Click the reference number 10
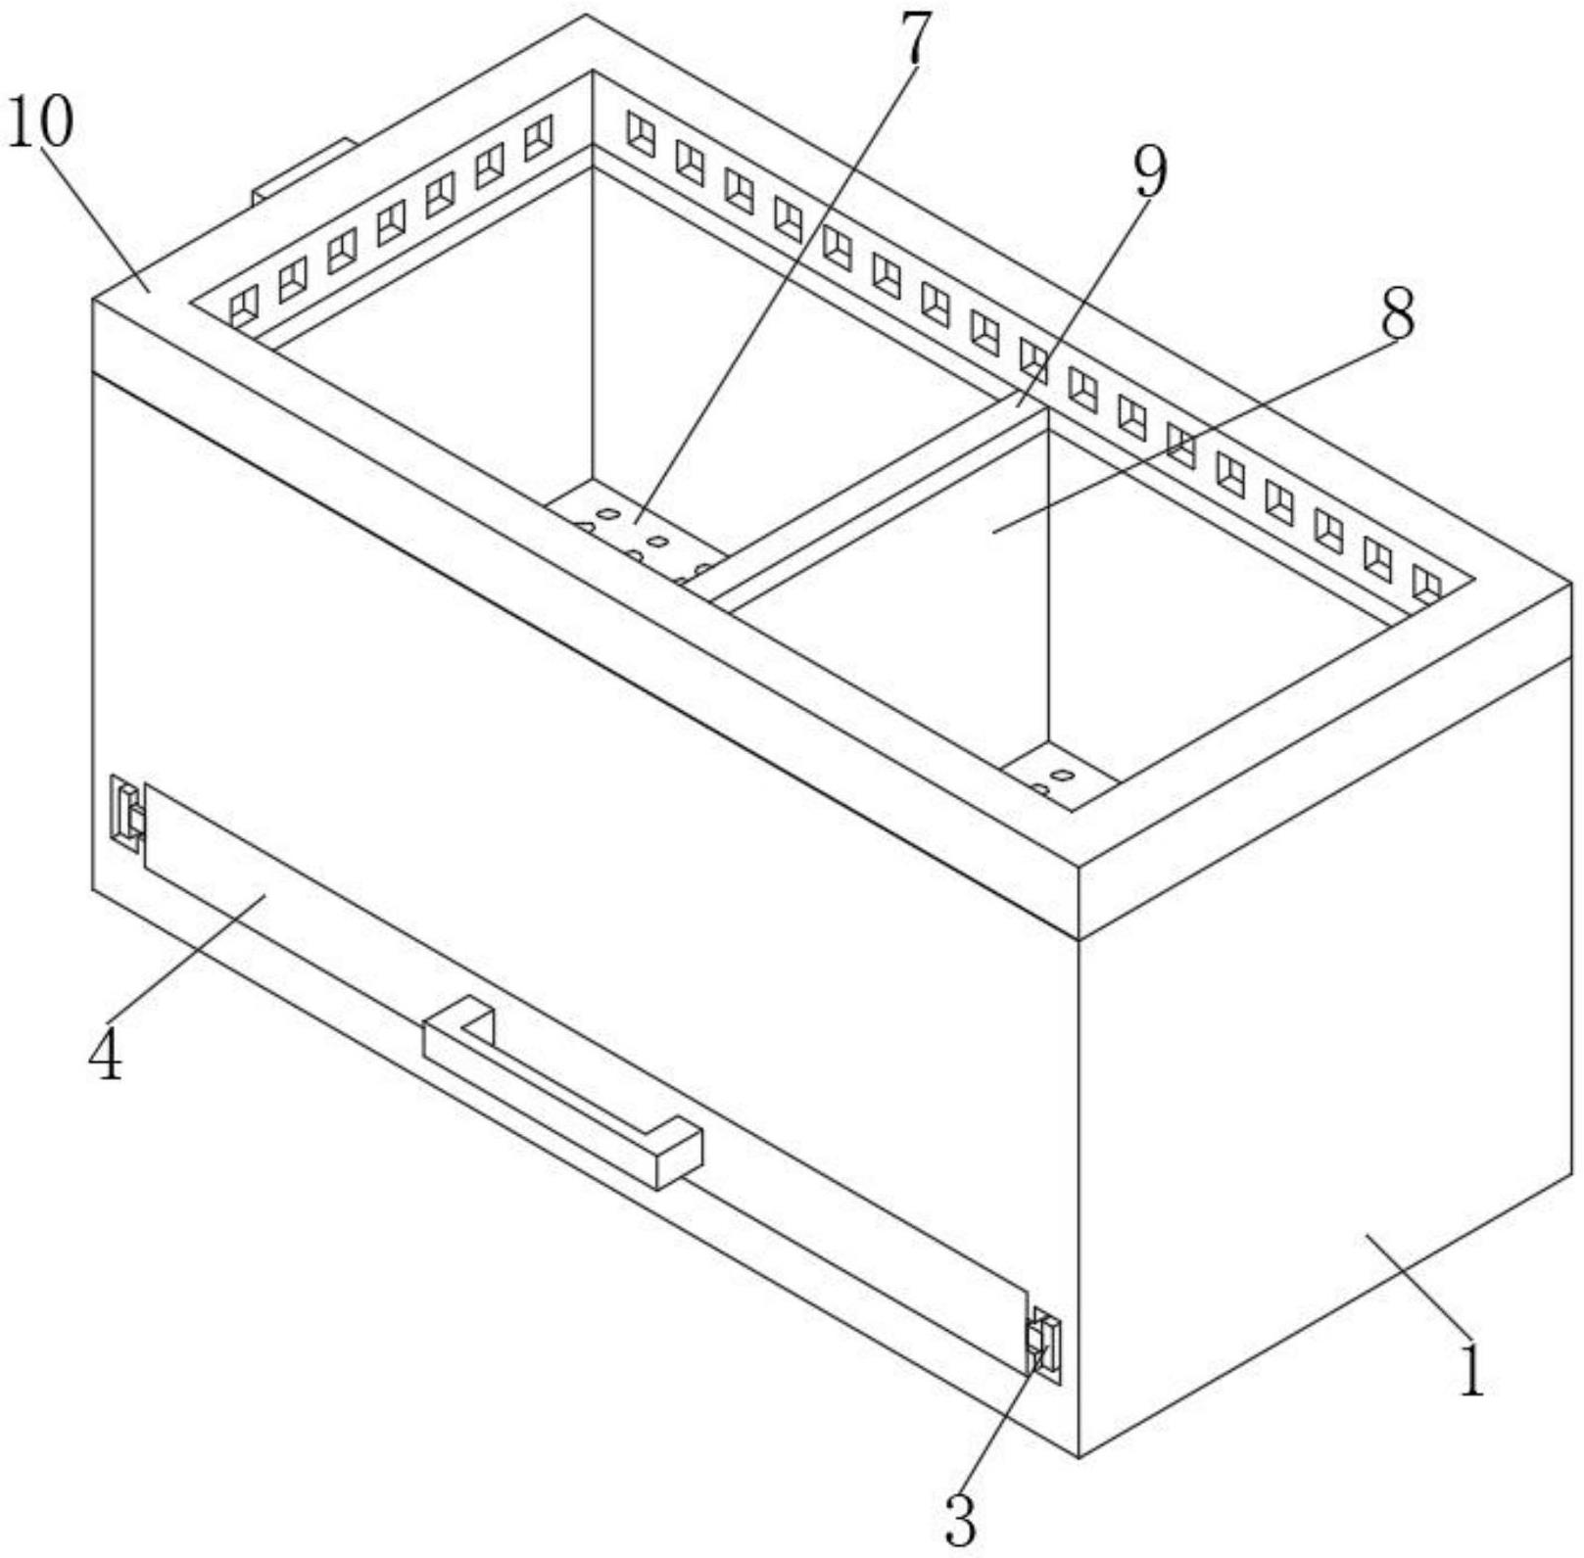pyautogui.click(x=40, y=122)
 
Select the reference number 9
pyautogui.click(x=1150, y=171)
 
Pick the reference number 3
pyautogui.click(x=961, y=1521)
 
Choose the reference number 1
pyautogui.click(x=1471, y=1369)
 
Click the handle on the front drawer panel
pyautogui.click(x=562, y=1090)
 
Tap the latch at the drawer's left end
pyautogui.click(x=126, y=809)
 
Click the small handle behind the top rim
pyautogui.click(x=303, y=170)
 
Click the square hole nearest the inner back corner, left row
pyautogui.click(x=538, y=137)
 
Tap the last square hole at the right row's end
pyautogui.click(x=1426, y=583)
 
